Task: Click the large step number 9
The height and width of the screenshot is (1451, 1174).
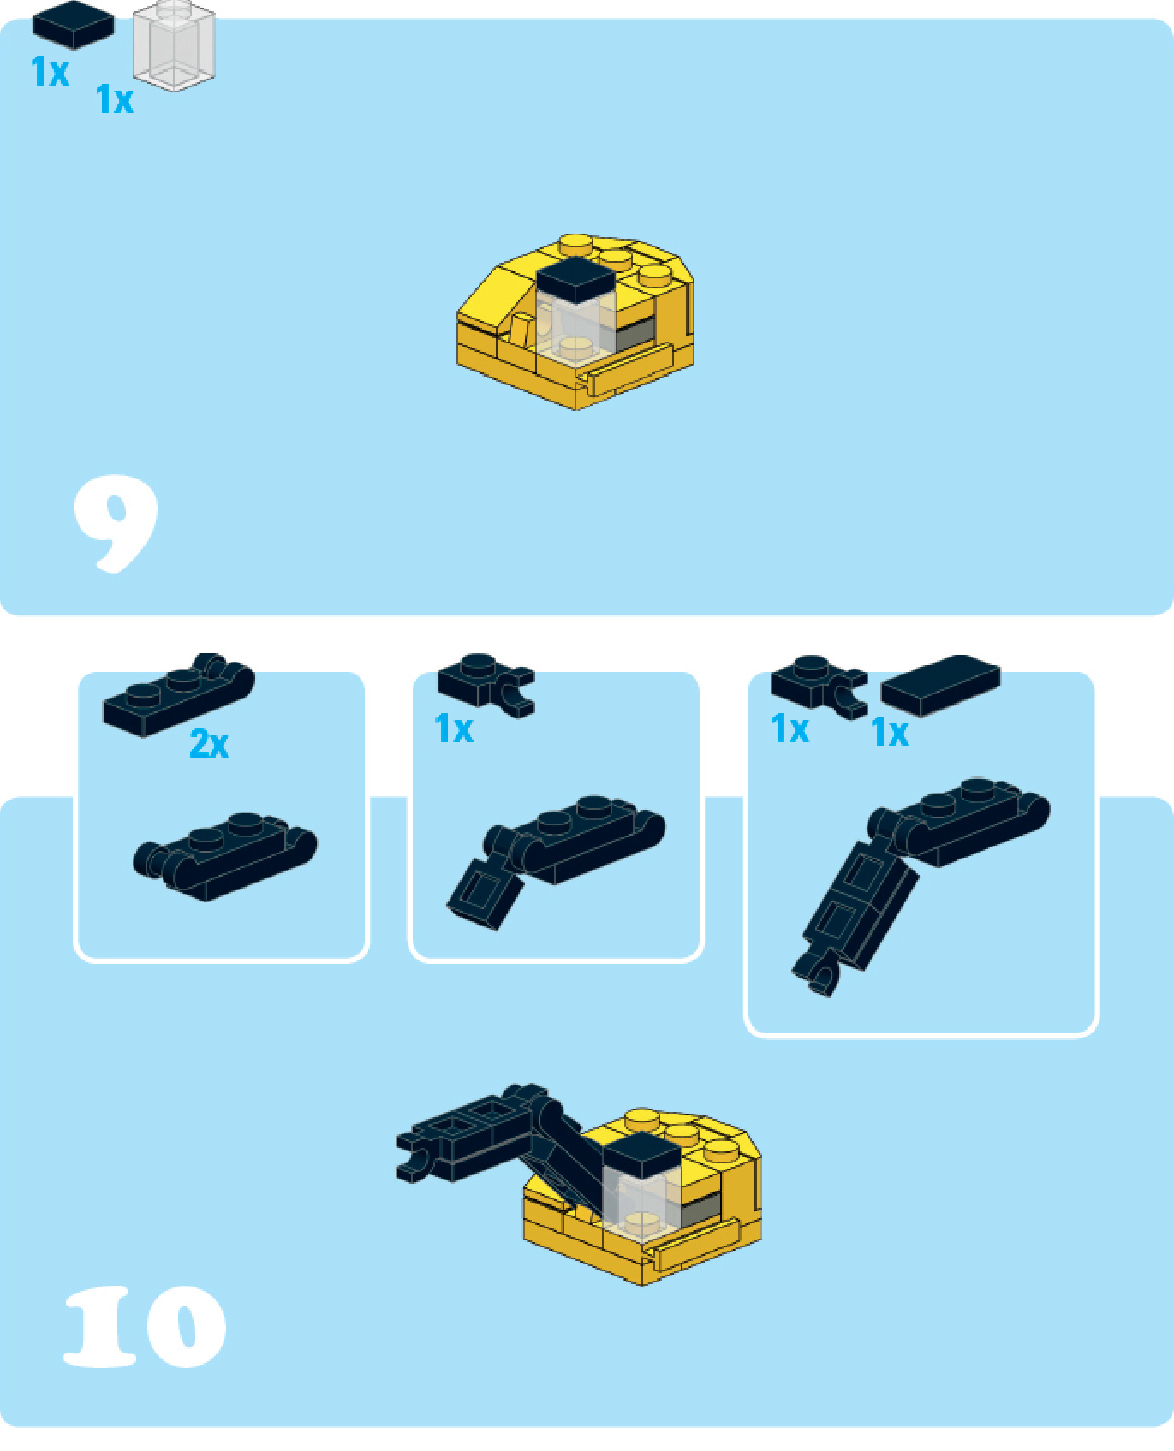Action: pyautogui.click(x=116, y=523)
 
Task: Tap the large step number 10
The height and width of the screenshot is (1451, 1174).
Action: pyautogui.click(x=145, y=1326)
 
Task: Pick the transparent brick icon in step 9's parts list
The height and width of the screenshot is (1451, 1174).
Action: pyautogui.click(x=174, y=45)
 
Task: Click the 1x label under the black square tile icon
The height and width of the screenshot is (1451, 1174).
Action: pyautogui.click(x=50, y=71)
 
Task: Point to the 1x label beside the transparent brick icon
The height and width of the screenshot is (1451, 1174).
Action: pyautogui.click(x=115, y=99)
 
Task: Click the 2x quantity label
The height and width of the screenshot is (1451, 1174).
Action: pyautogui.click(x=209, y=744)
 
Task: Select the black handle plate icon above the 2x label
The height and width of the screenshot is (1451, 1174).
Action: pyautogui.click(x=178, y=694)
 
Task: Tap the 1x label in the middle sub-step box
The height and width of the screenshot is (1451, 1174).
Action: pyautogui.click(x=454, y=729)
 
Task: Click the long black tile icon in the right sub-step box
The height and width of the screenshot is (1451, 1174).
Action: pyautogui.click(x=940, y=686)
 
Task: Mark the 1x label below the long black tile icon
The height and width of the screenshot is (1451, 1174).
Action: pyautogui.click(x=890, y=733)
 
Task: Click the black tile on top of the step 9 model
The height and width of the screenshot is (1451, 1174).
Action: pyautogui.click(x=575, y=280)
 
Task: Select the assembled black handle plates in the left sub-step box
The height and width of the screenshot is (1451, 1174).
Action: pyautogui.click(x=225, y=856)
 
